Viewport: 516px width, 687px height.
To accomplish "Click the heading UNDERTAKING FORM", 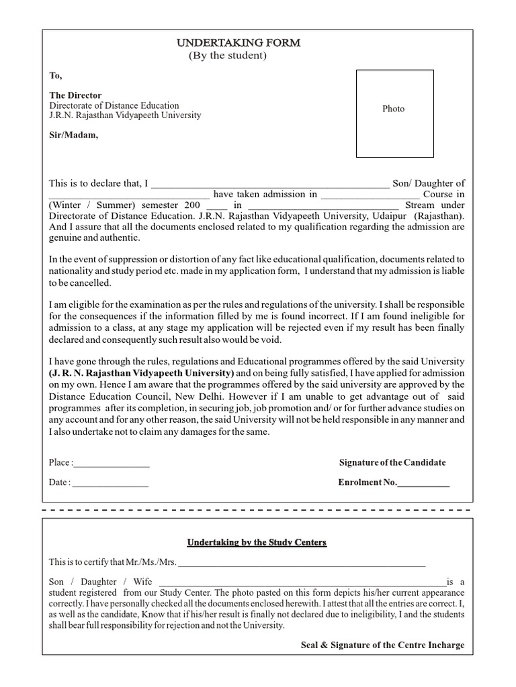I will (239, 43).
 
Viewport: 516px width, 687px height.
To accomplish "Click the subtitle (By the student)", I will (227, 56).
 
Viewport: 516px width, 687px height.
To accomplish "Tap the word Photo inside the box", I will (393, 109).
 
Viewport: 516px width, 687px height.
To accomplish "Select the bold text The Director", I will (75, 95).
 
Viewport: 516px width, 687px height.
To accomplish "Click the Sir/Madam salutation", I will (73, 135).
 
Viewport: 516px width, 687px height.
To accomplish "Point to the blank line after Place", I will (112, 464).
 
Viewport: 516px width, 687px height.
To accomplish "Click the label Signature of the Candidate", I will (392, 463).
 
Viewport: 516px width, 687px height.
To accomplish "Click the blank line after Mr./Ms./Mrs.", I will (302, 564).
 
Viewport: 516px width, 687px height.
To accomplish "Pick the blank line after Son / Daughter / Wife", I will (302, 583).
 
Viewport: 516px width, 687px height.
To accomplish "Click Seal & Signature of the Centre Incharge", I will (382, 645).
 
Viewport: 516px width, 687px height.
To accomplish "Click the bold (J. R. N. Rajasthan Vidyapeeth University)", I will (142, 372).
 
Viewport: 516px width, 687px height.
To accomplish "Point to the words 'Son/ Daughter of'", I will (429, 183).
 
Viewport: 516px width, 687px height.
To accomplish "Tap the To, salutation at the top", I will (56, 76).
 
